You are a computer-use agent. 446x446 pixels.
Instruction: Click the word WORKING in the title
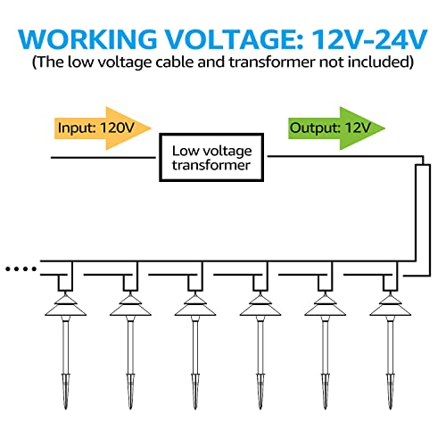87,39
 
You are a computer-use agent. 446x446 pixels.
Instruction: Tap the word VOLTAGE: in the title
234,39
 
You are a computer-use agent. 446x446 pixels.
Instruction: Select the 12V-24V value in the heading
369,39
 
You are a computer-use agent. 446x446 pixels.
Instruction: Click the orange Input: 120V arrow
103,128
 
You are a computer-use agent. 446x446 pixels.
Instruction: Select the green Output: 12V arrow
336,128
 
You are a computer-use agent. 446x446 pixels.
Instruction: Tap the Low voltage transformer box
211,157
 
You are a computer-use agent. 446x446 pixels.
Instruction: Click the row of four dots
21,269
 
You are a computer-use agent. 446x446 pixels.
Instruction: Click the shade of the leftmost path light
66,306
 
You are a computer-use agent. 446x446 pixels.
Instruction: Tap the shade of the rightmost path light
390,306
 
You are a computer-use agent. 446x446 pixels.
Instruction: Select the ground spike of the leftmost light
66,391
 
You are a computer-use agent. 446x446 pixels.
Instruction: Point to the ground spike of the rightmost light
390,391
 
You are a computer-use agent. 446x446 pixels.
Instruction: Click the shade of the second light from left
130,306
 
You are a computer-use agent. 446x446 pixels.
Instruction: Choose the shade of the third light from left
195,306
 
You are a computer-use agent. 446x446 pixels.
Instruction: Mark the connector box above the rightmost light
390,283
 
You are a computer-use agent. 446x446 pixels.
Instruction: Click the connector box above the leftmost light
65,283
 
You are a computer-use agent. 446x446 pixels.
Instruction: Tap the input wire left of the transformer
103,158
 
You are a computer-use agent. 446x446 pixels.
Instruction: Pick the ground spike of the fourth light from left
260,391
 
